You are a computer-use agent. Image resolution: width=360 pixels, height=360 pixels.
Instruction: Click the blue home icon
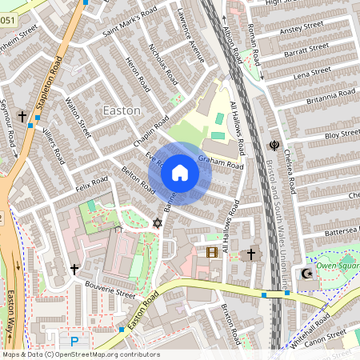180,172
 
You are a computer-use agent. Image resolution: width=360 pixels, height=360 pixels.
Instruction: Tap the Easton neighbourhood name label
122,110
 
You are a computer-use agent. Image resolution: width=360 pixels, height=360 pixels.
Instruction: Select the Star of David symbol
157,222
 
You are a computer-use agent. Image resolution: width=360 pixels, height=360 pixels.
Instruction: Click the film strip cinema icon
211,253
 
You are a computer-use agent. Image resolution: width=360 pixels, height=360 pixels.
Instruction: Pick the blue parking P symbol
74,342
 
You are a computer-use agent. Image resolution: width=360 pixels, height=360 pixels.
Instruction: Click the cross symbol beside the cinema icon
250,254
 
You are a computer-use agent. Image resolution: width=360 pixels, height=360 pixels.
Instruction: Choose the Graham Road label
221,162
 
